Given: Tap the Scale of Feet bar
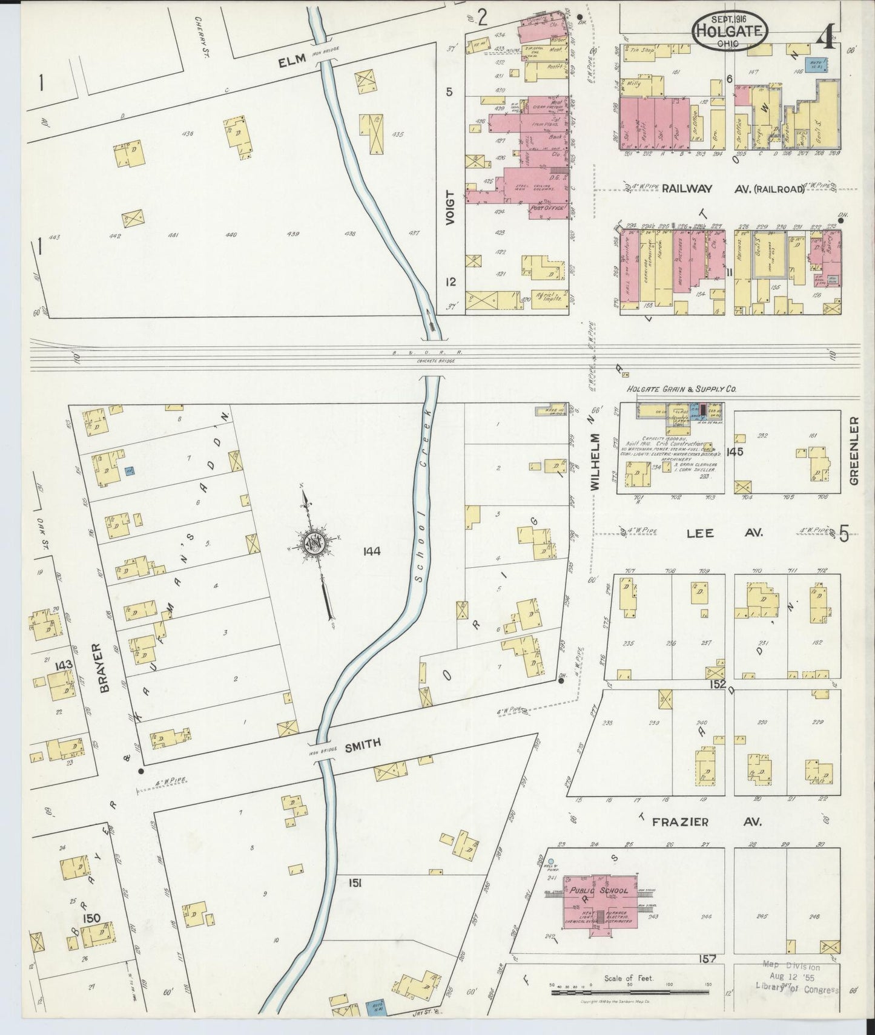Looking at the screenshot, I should coord(630,993).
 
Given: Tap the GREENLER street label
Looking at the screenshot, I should coord(854,450).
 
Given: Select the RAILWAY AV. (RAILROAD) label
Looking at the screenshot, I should coord(733,189).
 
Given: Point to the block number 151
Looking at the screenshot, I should coord(354,884).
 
